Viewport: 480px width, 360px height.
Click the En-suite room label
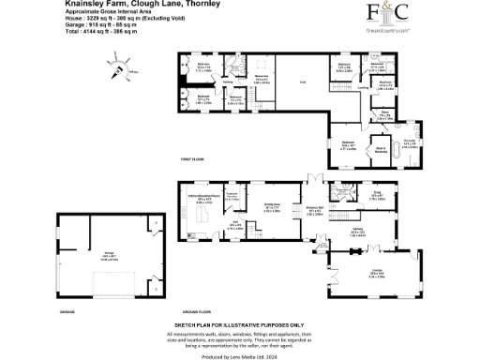[x=409, y=142]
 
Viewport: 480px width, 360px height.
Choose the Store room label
[x=384, y=116]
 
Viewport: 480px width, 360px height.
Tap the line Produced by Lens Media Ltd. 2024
[x=239, y=355]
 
